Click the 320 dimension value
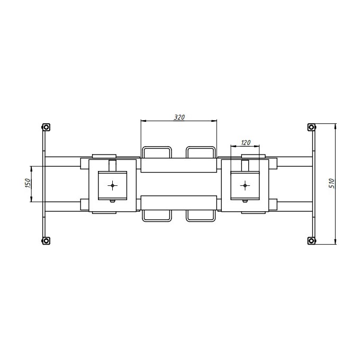coord(179,117)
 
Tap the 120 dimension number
coord(246,142)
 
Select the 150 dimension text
coord(28,183)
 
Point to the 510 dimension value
coord(332,183)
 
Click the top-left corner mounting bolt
coord(46,127)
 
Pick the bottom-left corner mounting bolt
coord(46,241)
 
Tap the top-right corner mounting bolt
coord(311,127)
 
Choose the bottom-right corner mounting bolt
coord(311,241)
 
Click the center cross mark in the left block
coord(112,185)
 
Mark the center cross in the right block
coord(245,185)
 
